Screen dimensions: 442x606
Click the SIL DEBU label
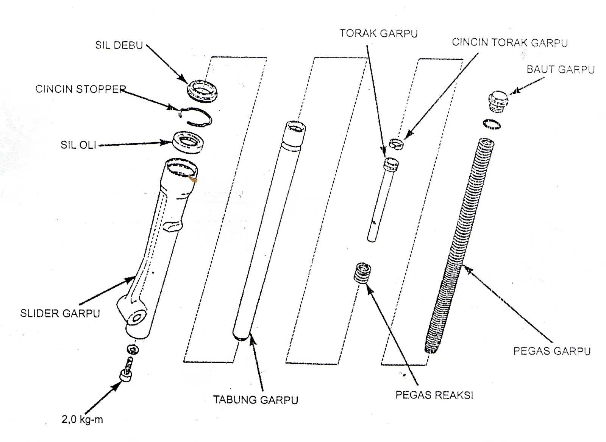[119, 45]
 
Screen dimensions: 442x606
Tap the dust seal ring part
[203, 90]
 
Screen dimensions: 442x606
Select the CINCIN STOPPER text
[80, 89]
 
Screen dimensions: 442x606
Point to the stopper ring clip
[196, 117]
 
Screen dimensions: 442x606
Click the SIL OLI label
[78, 145]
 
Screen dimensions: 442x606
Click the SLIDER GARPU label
[60, 314]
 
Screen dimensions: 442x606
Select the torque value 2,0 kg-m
[82, 420]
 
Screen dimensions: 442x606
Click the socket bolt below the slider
[126, 375]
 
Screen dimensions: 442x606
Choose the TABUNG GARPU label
[256, 400]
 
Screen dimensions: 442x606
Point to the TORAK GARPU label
[378, 33]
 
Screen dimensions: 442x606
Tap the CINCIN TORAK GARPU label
[509, 42]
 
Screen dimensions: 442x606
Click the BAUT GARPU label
[561, 70]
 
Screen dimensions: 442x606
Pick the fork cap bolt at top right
[497, 100]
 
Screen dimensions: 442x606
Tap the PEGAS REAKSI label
[434, 395]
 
